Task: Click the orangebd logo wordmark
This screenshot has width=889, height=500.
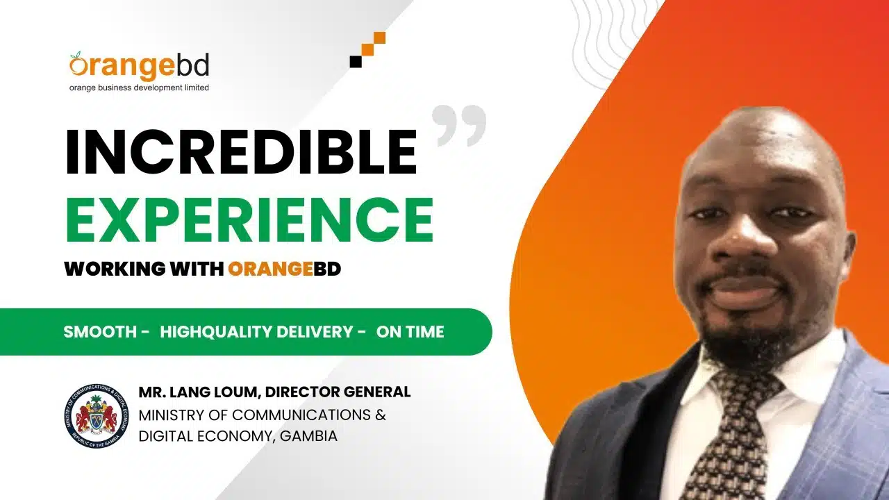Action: [x=140, y=65]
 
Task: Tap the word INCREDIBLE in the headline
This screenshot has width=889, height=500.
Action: [x=241, y=152]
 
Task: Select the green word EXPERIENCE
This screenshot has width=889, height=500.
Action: [x=249, y=219]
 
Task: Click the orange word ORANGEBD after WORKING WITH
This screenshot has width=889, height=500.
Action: [x=285, y=269]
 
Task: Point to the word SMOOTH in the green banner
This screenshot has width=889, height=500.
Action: [x=101, y=332]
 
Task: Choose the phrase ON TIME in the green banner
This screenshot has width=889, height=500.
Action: [x=410, y=332]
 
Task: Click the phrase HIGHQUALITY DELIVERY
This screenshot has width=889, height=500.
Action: [x=256, y=332]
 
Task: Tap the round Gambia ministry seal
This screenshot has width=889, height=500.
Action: [x=97, y=416]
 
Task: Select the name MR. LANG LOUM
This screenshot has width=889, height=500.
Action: [x=199, y=392]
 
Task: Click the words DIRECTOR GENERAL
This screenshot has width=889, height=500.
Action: [x=338, y=392]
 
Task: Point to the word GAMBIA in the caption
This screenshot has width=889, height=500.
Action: [x=308, y=436]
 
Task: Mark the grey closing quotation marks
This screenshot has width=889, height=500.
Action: [x=459, y=126]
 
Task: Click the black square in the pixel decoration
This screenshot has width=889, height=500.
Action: [x=356, y=62]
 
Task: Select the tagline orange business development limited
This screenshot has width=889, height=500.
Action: [x=139, y=87]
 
